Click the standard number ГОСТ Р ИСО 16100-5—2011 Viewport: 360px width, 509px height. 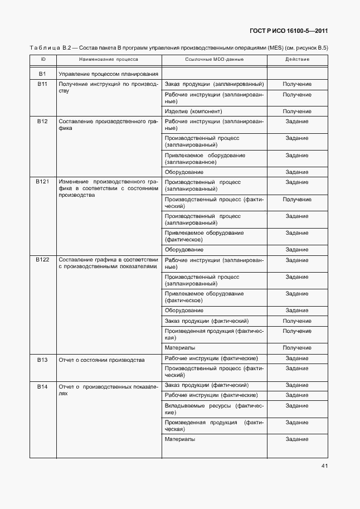pos(289,31)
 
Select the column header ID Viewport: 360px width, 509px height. pos(43,59)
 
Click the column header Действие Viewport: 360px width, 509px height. pos(296,59)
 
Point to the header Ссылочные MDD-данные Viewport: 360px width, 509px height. pos(214,59)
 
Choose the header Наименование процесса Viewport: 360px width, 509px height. pos(109,59)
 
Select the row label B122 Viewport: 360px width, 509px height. pos(43,260)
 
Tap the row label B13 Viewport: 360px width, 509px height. pos(43,360)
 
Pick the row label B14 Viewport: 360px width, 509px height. pos(43,386)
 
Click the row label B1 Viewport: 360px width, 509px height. pos(43,74)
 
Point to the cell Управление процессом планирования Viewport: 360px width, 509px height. pos(109,74)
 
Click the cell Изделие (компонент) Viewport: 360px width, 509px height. pos(190,112)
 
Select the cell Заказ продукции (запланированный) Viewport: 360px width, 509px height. pos(214,84)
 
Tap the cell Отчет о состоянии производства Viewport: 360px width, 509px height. pos(101,360)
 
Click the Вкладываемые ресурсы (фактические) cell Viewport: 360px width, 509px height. pos(214,409)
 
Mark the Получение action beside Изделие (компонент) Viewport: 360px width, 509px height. pos(296,112)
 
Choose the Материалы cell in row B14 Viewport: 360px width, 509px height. pos(180,439)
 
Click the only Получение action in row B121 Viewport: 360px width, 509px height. pos(296,199)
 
